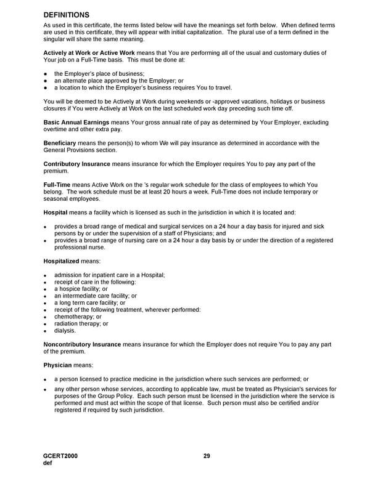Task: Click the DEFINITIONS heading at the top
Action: tap(67, 14)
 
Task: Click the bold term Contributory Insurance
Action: tap(77, 164)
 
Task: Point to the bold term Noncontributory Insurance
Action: tap(83, 345)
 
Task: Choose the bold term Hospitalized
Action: tap(62, 261)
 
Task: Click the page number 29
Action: tap(207, 456)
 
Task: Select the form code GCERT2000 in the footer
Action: tap(61, 456)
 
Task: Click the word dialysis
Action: tap(65, 331)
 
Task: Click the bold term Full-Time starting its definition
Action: tap(57, 185)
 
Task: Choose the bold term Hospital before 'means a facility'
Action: tap(55, 213)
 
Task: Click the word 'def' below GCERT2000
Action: tap(48, 463)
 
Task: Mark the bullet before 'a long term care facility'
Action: tap(46, 303)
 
